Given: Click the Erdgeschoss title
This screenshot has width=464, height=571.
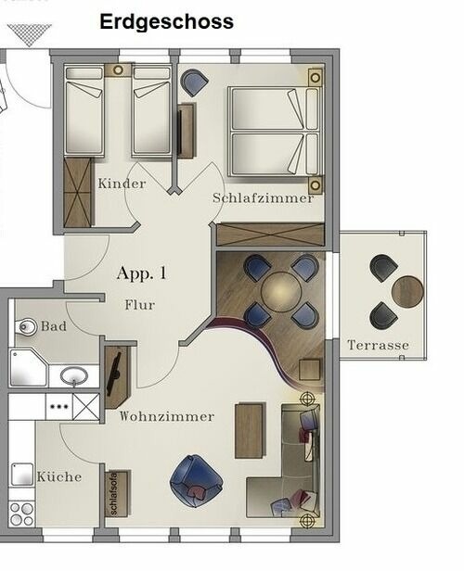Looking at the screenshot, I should click(167, 21).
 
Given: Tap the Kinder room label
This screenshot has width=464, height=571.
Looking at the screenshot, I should click(122, 184).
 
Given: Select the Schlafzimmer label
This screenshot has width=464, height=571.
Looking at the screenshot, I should click(263, 198).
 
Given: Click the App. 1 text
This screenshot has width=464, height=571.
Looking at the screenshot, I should click(142, 273).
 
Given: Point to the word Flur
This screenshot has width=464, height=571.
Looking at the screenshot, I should click(139, 305).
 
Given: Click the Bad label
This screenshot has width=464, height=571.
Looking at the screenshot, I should click(54, 327).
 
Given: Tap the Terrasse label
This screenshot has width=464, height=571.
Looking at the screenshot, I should click(378, 346).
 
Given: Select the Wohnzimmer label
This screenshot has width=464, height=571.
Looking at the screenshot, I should click(166, 417).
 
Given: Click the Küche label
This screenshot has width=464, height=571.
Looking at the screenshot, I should click(59, 476).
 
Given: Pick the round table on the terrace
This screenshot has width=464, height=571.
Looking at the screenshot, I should click(406, 291).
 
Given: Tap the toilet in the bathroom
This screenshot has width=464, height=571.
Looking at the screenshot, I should click(26, 326).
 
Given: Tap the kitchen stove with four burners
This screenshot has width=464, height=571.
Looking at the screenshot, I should click(20, 513).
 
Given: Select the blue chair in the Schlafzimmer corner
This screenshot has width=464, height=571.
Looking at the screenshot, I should click(195, 83).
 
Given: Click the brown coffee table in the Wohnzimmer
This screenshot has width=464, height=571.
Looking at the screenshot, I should click(250, 430).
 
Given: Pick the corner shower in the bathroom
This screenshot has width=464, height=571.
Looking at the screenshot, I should click(28, 368).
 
